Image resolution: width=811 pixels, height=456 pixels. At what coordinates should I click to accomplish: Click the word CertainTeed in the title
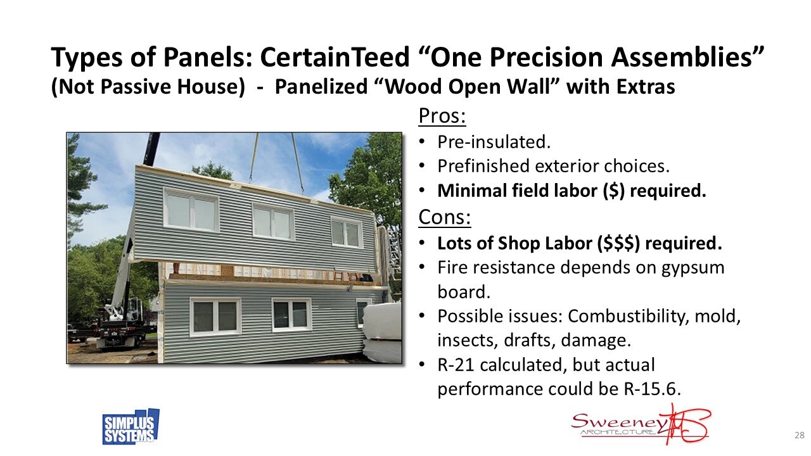click(335, 57)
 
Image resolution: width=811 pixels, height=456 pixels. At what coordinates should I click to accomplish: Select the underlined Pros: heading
click(442, 116)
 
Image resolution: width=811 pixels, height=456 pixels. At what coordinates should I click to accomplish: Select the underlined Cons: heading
click(445, 217)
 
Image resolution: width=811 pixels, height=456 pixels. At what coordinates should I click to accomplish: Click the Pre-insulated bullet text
click(494, 142)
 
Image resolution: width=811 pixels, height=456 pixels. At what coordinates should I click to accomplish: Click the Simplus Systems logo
click(131, 427)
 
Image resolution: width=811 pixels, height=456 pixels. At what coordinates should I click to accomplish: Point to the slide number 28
click(800, 435)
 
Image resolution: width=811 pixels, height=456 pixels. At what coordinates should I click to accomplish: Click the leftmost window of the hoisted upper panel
click(191, 210)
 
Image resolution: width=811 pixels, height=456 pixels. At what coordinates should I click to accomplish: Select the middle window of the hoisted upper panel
click(273, 222)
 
